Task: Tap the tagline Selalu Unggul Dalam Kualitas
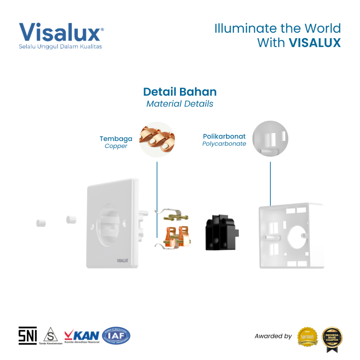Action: click(x=60, y=46)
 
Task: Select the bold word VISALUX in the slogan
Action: click(x=315, y=43)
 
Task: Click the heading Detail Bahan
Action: click(x=180, y=92)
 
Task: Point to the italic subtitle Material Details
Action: click(x=180, y=104)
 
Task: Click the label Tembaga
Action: click(x=116, y=139)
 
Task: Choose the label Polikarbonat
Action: click(x=224, y=136)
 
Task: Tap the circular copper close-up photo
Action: click(x=157, y=140)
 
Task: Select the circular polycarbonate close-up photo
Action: click(x=270, y=139)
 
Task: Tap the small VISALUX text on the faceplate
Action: click(x=122, y=261)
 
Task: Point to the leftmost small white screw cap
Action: click(x=41, y=223)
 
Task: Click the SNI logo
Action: click(x=27, y=335)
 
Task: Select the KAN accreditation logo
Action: click(x=82, y=335)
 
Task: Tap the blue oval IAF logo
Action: click(x=116, y=335)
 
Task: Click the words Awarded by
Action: click(x=273, y=336)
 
